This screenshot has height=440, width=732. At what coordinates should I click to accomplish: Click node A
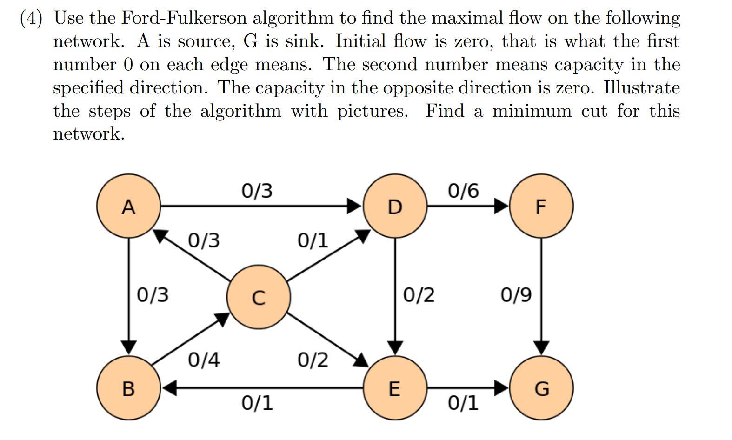(128, 206)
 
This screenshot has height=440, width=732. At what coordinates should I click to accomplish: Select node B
(128, 388)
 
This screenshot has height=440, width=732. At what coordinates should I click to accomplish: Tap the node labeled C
(259, 297)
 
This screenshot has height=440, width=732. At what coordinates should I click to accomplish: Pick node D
(394, 206)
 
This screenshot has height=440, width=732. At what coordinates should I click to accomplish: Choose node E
(394, 388)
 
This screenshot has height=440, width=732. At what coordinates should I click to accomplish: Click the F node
(541, 206)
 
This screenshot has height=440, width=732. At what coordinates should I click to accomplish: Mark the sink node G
(541, 388)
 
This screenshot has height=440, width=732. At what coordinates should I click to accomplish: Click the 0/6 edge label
(463, 191)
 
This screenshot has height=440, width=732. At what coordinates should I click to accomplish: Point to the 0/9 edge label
(516, 295)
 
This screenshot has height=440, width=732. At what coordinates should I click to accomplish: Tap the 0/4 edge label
(204, 360)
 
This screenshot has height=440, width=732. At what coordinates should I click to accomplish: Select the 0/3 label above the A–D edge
(257, 191)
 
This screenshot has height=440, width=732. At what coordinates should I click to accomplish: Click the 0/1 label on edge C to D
(313, 240)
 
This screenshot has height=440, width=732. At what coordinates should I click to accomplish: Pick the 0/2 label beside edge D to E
(419, 295)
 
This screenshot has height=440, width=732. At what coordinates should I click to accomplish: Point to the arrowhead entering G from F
(541, 347)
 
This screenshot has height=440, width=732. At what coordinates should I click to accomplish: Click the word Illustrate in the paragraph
(641, 88)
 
